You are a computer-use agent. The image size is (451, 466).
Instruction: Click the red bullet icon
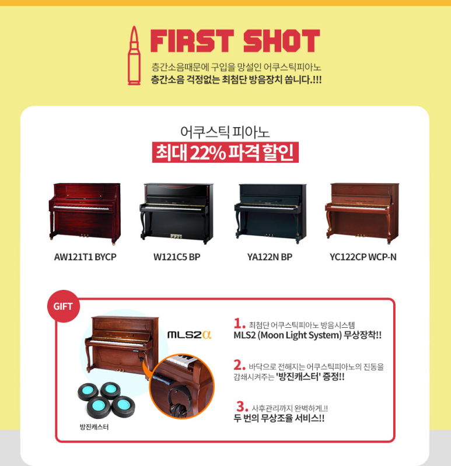(x=134, y=55)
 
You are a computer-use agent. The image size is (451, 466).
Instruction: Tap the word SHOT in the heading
(x=282, y=41)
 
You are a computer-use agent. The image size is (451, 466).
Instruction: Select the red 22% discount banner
(x=225, y=152)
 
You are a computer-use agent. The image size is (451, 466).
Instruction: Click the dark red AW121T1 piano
(x=85, y=213)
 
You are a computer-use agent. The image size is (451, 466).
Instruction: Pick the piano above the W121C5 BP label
(x=177, y=213)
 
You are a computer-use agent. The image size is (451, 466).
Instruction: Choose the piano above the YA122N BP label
(x=270, y=213)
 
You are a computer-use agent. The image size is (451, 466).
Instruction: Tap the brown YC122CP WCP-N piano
(x=362, y=213)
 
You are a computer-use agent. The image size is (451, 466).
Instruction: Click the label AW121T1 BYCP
(x=85, y=257)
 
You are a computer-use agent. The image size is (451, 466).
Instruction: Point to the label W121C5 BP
(x=177, y=257)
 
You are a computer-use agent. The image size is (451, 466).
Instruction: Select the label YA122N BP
(x=270, y=257)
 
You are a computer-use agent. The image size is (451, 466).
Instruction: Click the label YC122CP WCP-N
(x=363, y=257)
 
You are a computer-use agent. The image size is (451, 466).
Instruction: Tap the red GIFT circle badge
(x=64, y=306)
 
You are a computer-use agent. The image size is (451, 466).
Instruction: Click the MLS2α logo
(x=190, y=335)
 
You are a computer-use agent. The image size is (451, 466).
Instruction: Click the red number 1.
(x=239, y=323)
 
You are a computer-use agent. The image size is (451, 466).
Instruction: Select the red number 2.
(x=239, y=365)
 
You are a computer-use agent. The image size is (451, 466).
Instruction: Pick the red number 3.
(x=242, y=407)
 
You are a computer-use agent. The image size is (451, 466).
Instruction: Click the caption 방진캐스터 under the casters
(x=94, y=427)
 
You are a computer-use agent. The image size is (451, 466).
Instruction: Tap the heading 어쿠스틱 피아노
(x=225, y=132)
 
